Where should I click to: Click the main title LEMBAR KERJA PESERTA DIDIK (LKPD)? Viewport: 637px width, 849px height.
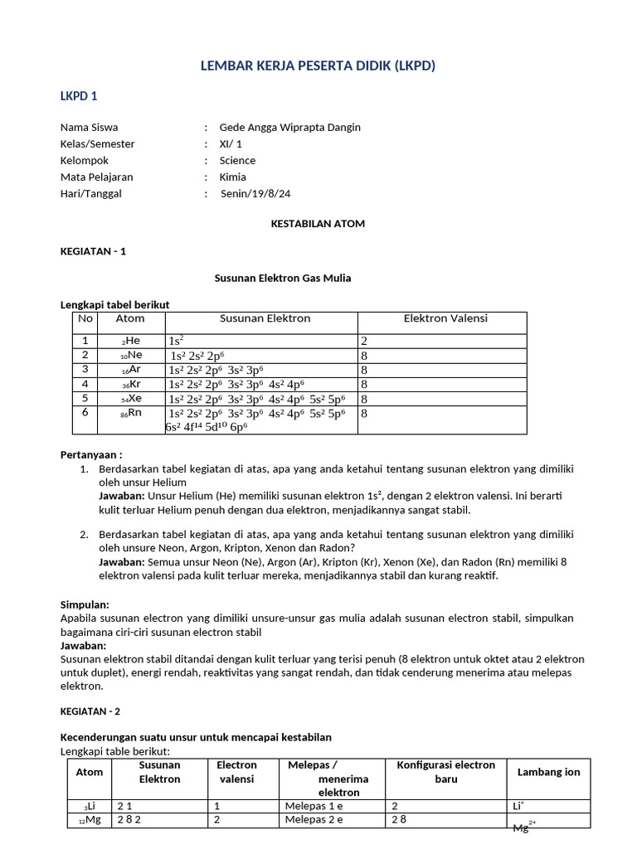318,66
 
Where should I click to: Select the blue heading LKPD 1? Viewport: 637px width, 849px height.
79,96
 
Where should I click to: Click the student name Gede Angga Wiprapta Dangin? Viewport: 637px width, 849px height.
289,128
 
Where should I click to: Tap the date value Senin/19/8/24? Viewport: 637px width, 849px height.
255,194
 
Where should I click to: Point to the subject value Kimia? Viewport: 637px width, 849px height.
232,177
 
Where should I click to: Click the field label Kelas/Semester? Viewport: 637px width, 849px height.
97,144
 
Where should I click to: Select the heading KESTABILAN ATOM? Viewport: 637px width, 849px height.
318,224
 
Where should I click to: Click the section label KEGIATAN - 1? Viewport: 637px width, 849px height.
94,250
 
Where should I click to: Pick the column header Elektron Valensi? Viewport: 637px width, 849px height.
445,318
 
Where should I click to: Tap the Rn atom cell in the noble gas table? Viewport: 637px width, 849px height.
130,413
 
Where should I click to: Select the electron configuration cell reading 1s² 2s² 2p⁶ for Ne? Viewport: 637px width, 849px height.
202,356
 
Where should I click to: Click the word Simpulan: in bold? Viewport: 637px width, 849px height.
85,605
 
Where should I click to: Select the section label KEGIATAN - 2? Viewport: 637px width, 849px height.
94,711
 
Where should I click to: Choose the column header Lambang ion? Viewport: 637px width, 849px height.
548,772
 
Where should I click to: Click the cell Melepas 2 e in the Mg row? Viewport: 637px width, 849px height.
314,820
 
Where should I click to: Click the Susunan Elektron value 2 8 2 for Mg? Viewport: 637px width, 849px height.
130,820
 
